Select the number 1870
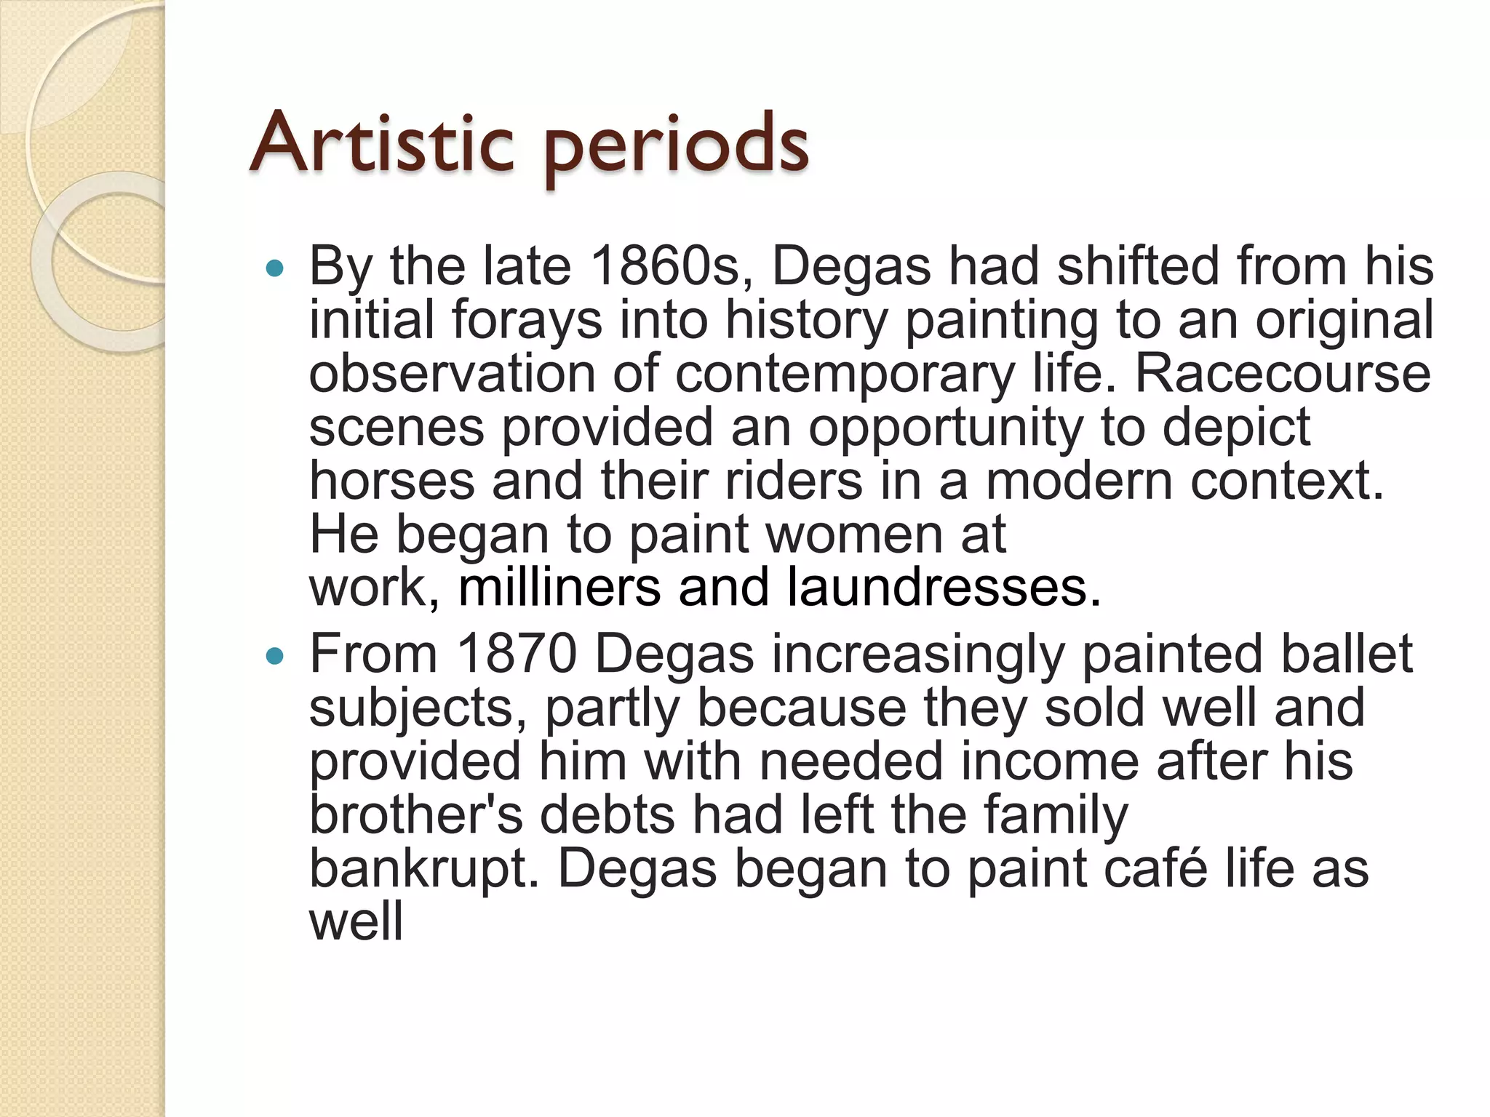coord(517,654)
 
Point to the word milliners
coord(559,588)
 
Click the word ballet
coord(1346,654)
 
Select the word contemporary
coord(844,375)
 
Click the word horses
coord(391,481)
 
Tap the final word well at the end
coord(356,922)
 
